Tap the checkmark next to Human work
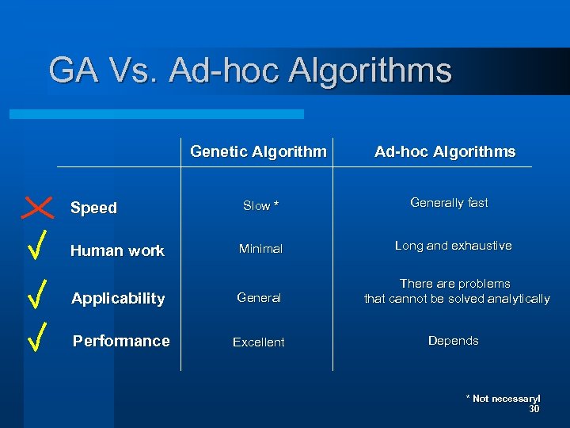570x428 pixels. pos(38,246)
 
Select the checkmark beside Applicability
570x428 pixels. pos(37,293)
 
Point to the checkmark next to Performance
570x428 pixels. pos(37,336)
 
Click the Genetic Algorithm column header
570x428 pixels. pos(258,151)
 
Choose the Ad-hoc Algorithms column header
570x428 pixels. pos(445,151)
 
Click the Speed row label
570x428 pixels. pos(93,208)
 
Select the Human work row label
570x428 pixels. pos(117,250)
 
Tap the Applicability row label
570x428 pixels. pos(118,298)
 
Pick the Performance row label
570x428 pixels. pos(121,341)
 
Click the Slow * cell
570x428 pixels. pos(260,206)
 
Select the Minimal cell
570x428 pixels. pos(260,249)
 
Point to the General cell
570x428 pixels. pos(259,298)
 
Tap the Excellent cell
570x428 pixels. pos(258,342)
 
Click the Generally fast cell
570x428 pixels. pos(449,203)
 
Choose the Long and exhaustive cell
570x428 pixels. pos(453,246)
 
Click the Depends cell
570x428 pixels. pos(453,341)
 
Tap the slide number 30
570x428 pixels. pos(534,409)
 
